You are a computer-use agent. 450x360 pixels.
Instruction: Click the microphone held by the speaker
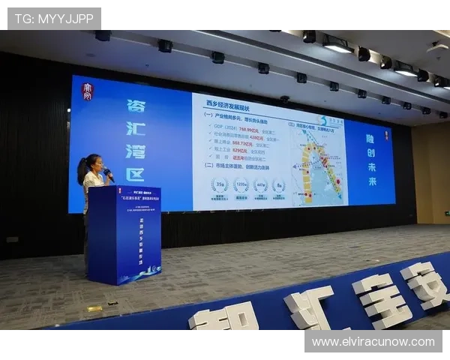(x=106, y=172)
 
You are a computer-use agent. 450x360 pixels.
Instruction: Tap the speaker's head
(x=93, y=163)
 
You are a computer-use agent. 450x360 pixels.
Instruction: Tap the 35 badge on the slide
(x=220, y=185)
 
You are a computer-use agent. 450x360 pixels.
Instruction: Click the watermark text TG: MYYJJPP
(x=53, y=19)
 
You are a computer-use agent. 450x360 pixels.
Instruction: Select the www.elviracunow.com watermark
(x=373, y=342)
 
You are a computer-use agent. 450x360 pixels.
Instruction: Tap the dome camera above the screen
(x=284, y=98)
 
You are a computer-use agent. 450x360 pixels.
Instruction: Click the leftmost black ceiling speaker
(x=103, y=35)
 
